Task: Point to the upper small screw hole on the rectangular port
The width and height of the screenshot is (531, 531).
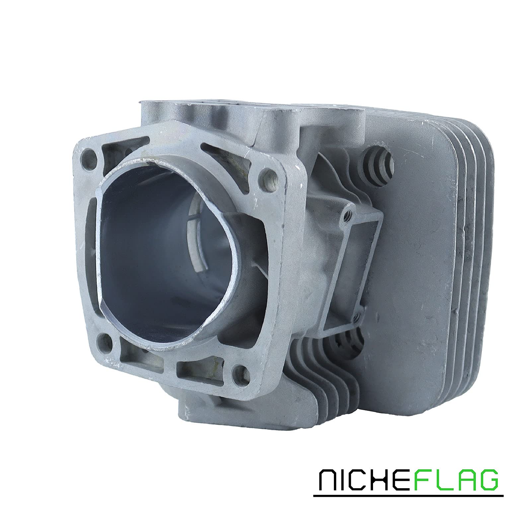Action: coord(347,216)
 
